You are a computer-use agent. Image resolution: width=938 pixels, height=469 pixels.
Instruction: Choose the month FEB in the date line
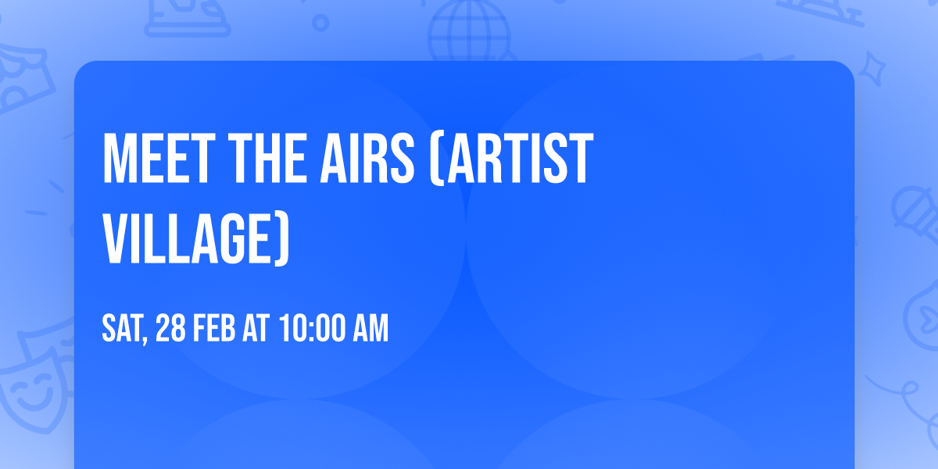213,329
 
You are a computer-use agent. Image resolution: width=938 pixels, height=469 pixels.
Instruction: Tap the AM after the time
371,329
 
